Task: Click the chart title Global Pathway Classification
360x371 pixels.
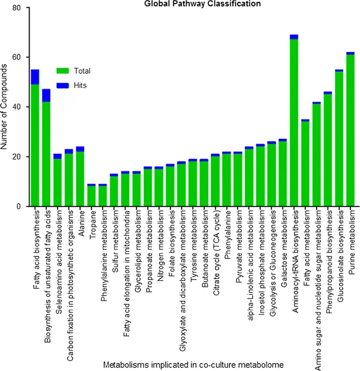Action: point(195,4)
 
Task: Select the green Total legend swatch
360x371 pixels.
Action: point(64,71)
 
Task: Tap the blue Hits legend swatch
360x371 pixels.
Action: point(64,85)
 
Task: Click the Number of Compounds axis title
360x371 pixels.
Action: point(6,107)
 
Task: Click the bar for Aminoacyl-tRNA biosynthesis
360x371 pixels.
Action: point(294,121)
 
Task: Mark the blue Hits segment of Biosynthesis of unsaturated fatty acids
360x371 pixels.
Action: point(46,95)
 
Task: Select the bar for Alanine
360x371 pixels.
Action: point(80,179)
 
